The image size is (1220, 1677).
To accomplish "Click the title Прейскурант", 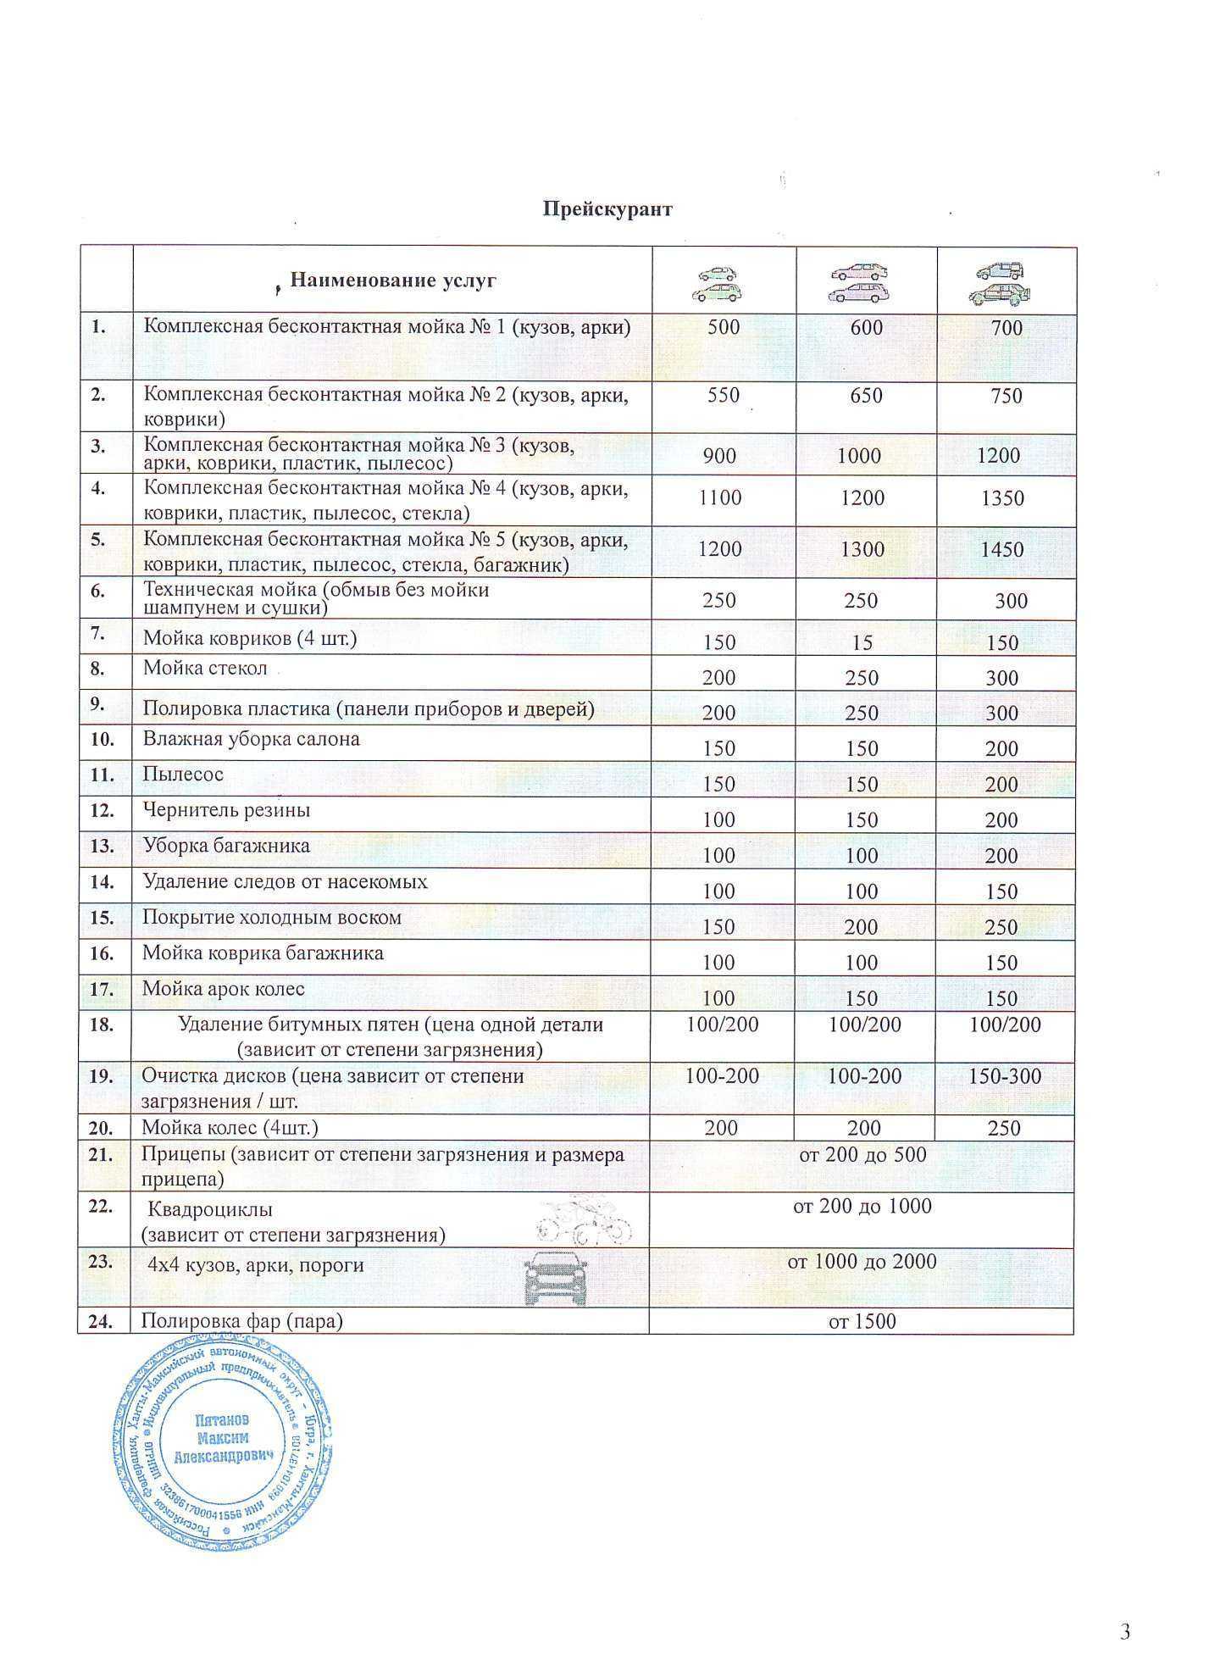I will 607,208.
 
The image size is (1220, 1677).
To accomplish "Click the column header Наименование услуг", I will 392,280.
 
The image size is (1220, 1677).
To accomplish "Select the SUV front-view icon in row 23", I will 555,1279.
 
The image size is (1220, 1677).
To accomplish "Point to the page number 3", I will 1125,1631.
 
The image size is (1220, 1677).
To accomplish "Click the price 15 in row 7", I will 862,642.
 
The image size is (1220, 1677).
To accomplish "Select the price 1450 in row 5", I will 1001,549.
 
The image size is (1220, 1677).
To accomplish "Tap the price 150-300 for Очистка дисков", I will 1005,1076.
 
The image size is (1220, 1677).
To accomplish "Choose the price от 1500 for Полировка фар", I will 862,1321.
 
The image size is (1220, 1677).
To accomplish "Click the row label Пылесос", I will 183,774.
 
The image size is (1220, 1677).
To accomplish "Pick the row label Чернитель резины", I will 226,809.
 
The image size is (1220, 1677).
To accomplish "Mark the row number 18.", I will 102,1025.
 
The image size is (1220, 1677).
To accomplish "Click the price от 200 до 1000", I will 862,1206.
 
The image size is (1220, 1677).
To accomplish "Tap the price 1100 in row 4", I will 720,497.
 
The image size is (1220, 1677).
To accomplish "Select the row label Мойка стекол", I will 205,668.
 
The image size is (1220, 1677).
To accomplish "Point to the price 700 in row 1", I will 1006,328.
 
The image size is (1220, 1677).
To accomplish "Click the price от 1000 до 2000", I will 862,1261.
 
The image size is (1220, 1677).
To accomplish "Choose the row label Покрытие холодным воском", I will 272,917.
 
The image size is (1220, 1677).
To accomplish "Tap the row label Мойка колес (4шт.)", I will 230,1128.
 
